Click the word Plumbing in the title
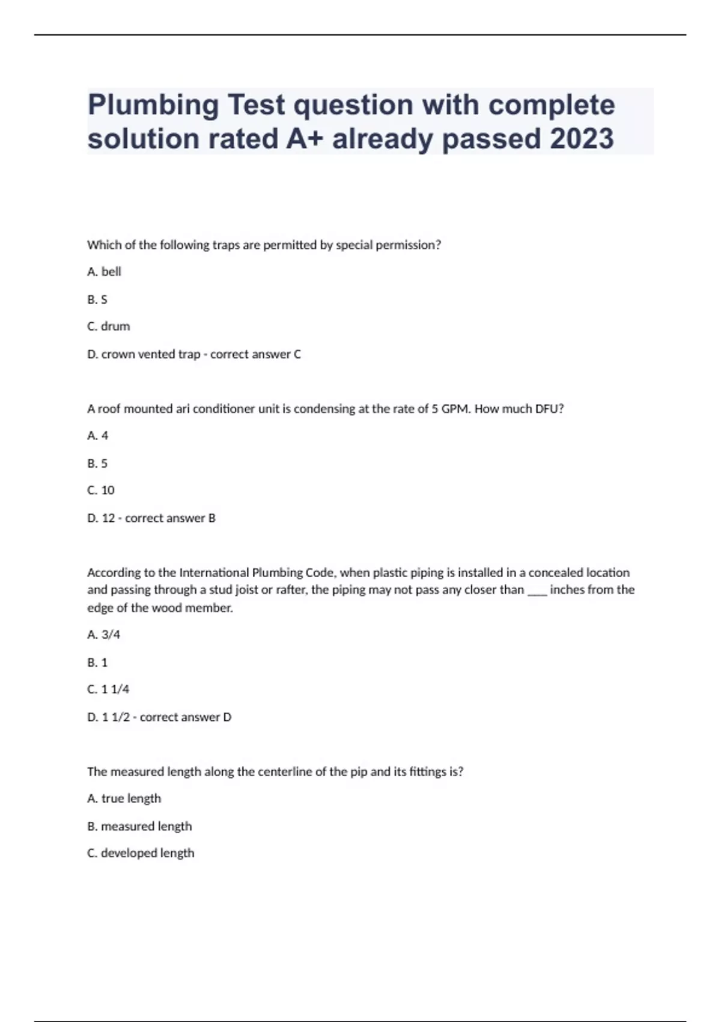click(x=153, y=106)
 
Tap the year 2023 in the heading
click(x=581, y=139)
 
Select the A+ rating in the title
click(x=305, y=139)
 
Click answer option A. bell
click(x=104, y=272)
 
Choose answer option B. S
click(x=97, y=299)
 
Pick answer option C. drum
click(x=108, y=326)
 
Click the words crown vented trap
click(x=150, y=355)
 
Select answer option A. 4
click(x=97, y=436)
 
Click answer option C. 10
click(x=100, y=491)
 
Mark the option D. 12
click(x=101, y=518)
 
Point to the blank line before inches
click(x=537, y=590)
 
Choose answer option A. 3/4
click(x=103, y=635)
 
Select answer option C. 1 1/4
click(x=108, y=690)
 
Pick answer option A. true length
click(x=124, y=799)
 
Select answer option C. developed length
click(x=141, y=853)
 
